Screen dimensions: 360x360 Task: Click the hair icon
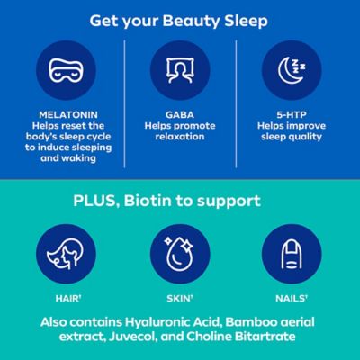[63, 255]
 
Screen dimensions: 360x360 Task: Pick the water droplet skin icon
[180, 255]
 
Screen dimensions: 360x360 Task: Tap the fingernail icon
[296, 255]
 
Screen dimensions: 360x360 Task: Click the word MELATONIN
[63, 115]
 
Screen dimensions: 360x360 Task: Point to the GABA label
[180, 115]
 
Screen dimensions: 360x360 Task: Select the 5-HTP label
[296, 115]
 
